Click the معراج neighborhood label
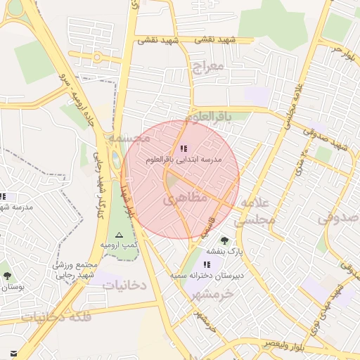point(206,67)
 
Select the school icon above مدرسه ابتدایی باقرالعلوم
point(184,148)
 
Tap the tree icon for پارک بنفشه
point(224,240)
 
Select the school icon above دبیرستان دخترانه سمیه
point(207,264)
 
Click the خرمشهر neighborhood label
point(212,293)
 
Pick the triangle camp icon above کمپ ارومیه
point(118,234)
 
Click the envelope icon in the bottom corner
point(13,353)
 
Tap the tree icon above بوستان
point(7,276)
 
